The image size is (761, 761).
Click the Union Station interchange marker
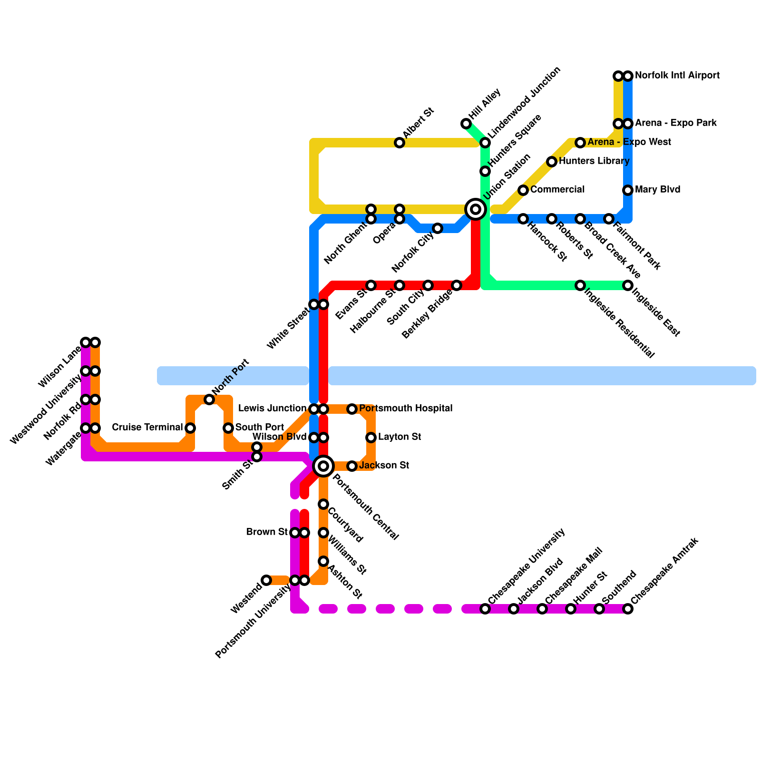point(476,209)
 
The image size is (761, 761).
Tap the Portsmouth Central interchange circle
point(323,466)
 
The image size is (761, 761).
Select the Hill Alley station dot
point(466,124)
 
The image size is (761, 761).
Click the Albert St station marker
point(400,143)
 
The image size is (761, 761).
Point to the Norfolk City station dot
point(438,228)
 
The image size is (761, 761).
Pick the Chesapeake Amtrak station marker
point(628,609)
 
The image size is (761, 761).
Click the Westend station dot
point(266,580)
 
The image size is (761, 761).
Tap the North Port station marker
point(209,400)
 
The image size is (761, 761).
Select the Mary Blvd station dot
point(628,190)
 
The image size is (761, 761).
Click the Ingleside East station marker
point(628,285)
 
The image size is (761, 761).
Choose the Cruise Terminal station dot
point(190,428)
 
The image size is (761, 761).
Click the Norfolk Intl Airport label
point(677,76)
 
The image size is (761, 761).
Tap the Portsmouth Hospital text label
point(406,409)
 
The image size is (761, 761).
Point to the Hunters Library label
point(594,161)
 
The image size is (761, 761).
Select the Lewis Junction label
point(273,409)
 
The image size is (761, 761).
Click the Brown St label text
point(267,532)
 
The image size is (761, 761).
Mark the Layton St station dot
point(371,438)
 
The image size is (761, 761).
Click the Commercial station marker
point(523,190)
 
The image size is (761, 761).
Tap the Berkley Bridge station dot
point(457,285)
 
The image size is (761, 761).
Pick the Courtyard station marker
point(323,504)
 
